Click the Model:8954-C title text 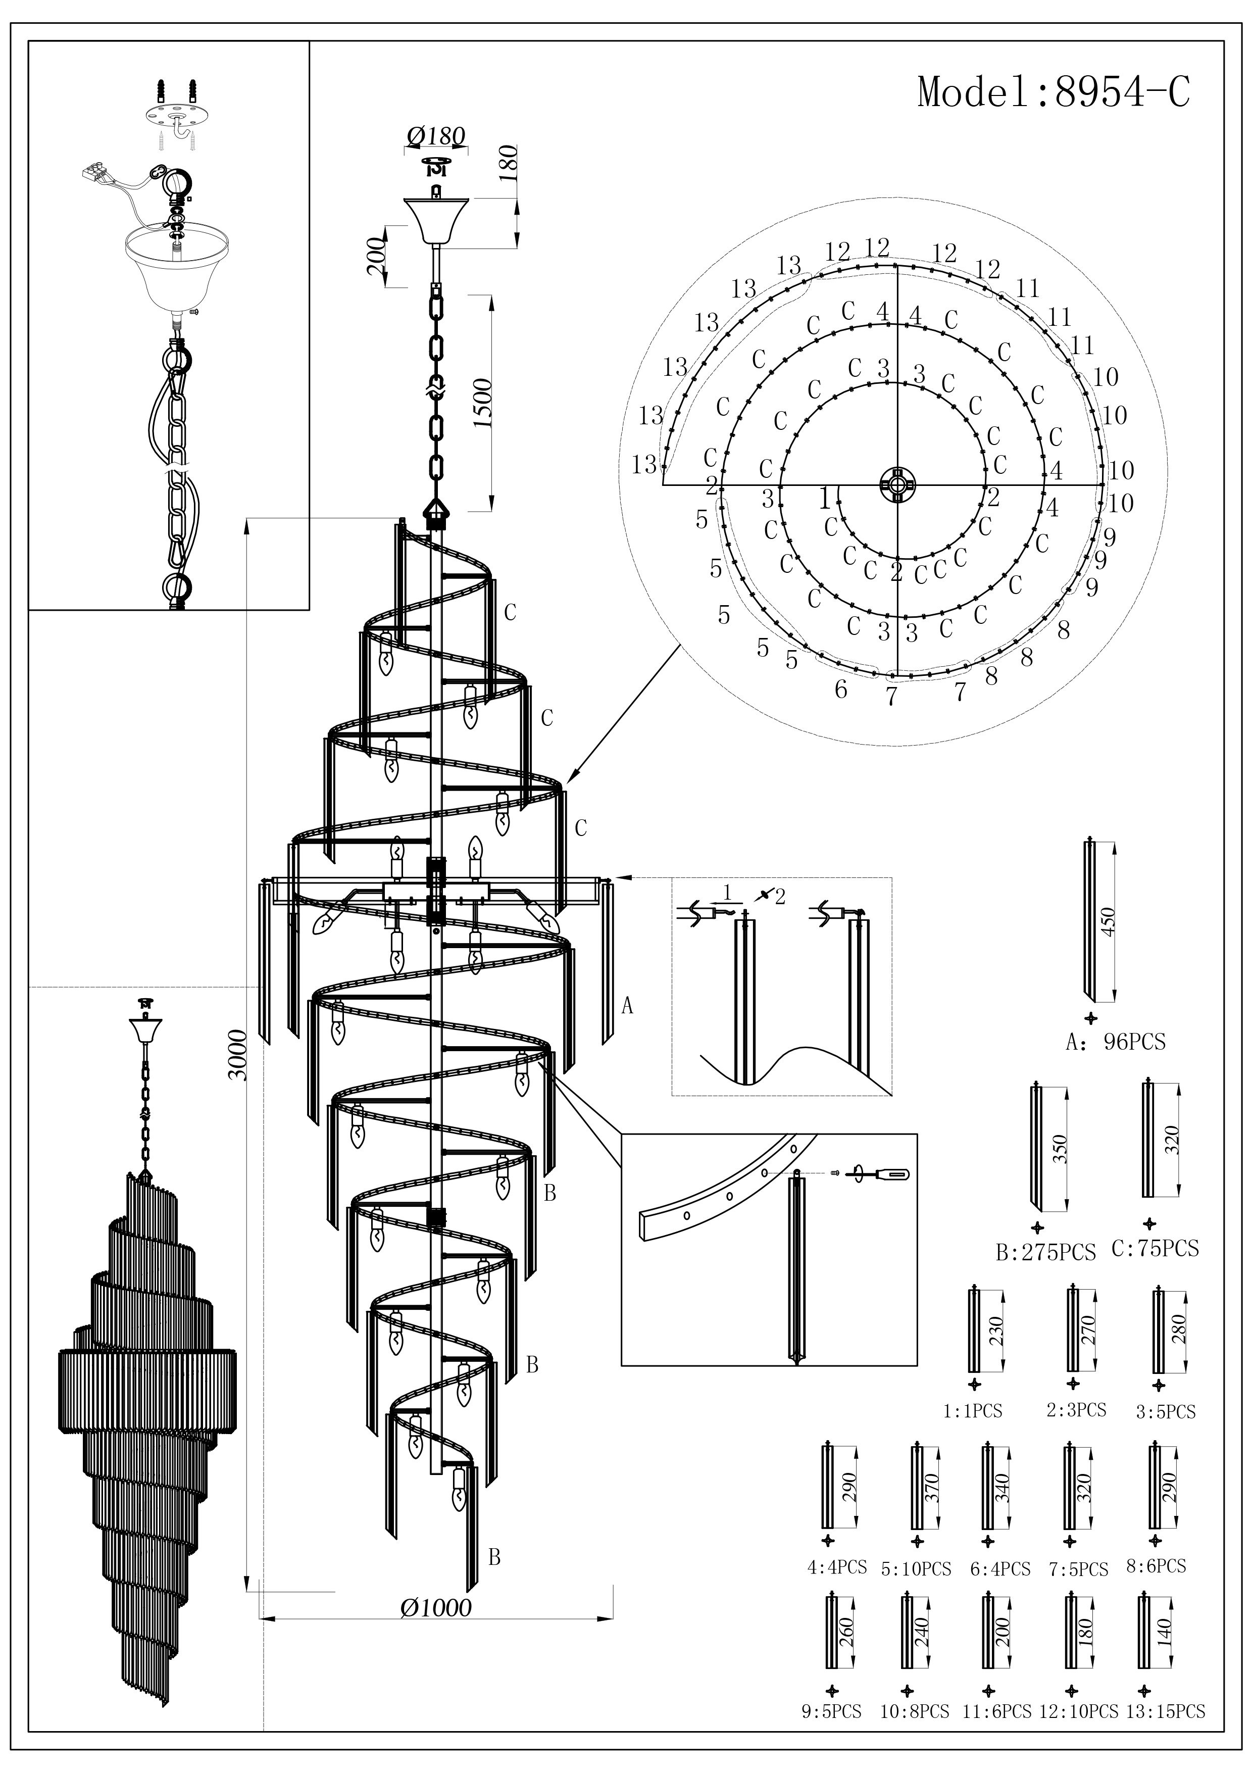1053,92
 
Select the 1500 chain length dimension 484,404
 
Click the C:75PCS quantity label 1155,1249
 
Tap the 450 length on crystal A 1109,921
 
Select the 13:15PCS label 1164,1711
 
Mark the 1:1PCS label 972,1411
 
